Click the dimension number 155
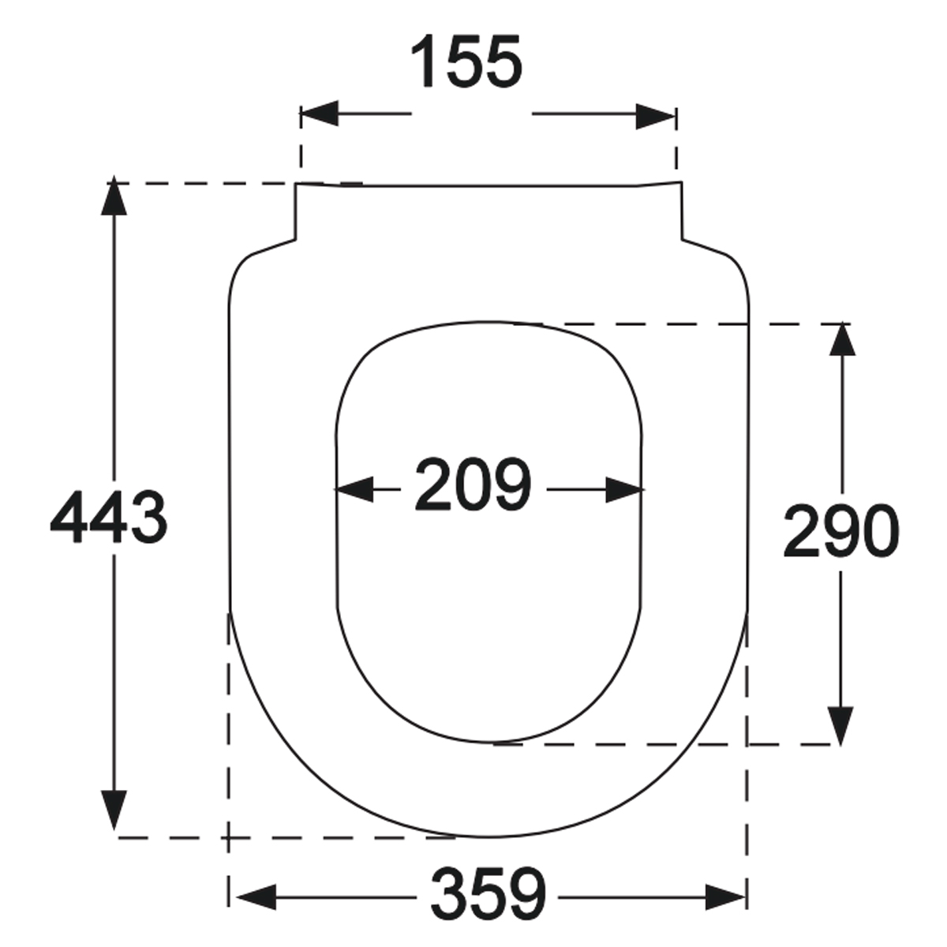[x=466, y=62]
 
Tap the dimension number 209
[x=473, y=484]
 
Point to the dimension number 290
[x=840, y=530]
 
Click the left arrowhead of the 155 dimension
[x=320, y=114]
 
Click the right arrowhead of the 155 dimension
[x=656, y=117]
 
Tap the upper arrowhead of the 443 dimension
[x=114, y=196]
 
